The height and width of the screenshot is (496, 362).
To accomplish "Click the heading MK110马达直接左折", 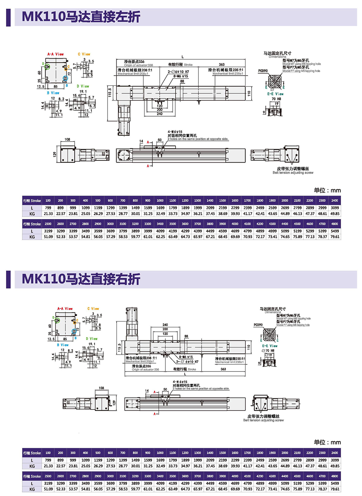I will [81, 17].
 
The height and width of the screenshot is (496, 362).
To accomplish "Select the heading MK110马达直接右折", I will [81, 279].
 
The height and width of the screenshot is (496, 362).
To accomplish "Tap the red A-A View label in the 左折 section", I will [55, 54].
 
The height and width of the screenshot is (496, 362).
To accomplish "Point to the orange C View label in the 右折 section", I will [93, 309].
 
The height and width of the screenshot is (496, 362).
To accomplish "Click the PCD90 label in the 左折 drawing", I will [263, 71].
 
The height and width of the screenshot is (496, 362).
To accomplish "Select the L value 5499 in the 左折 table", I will [335, 231].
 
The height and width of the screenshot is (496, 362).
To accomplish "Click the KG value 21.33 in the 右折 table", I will [48, 466].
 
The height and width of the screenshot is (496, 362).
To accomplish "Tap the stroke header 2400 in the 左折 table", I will [335, 201].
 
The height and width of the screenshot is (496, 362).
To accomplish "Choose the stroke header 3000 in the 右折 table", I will [110, 476].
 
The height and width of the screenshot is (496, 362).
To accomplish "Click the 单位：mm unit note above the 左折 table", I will [327, 190].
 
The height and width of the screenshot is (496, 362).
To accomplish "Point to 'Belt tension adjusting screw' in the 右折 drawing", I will [263, 420].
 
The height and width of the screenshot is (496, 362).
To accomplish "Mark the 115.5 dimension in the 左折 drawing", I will [110, 93].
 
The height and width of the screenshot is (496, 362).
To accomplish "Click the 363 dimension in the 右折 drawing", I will [223, 369].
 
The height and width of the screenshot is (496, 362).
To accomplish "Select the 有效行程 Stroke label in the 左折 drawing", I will [180, 65].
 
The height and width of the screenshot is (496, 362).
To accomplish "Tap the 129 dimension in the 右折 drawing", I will [114, 403].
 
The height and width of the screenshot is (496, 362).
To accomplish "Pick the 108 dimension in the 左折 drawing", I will [67, 139].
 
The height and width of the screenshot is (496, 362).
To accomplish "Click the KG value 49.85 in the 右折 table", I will [335, 466].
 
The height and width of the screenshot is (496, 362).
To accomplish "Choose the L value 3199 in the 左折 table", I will [48, 231].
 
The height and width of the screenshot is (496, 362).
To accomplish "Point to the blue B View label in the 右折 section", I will [63, 345].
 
